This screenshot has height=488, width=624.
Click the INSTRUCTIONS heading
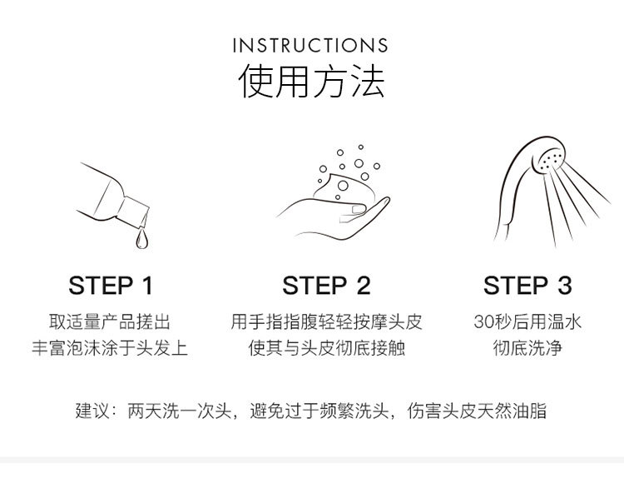310,46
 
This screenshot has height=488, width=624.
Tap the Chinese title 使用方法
311,82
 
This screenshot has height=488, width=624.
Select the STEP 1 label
111,286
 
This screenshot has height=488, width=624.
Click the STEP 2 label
326,286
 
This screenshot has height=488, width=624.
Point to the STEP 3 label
527,286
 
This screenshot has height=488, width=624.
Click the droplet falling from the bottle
141,238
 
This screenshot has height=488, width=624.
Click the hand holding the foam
334,218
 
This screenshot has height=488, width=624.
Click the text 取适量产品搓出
110,322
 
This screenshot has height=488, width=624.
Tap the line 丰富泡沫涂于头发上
110,348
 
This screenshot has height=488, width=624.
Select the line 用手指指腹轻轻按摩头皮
326,322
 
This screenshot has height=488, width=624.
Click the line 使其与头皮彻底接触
326,348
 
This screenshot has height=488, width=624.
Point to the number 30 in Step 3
483,322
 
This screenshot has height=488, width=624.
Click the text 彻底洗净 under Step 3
527,348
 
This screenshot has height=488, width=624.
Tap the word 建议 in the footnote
92,411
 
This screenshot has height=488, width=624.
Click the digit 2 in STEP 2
364,286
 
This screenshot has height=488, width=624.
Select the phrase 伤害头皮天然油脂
477,411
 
